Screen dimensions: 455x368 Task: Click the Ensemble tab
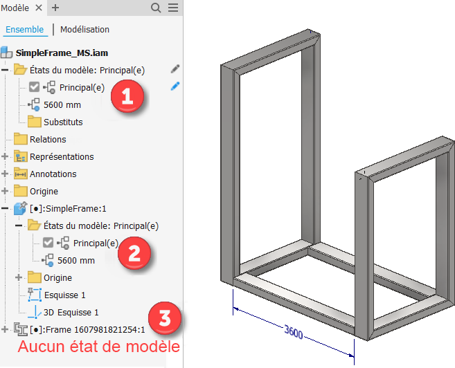point(25,30)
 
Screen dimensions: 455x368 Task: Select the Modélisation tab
point(84,30)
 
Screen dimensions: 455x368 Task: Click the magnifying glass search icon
point(156,8)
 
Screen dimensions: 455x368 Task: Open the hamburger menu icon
point(173,8)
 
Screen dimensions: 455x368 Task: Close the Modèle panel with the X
point(39,8)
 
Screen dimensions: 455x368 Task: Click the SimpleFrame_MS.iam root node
point(62,53)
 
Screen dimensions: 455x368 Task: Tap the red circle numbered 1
point(127,96)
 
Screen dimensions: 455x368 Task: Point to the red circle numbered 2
point(134,253)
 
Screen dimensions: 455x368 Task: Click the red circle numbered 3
point(165,318)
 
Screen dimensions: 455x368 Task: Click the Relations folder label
point(48,139)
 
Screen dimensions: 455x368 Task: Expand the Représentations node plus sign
point(5,156)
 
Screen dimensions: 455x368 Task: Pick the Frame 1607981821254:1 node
point(87,330)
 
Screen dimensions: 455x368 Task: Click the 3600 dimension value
point(294,332)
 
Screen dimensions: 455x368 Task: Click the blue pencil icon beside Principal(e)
point(175,86)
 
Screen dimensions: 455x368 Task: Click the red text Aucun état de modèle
point(98,347)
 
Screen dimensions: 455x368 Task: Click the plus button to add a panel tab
point(55,8)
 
